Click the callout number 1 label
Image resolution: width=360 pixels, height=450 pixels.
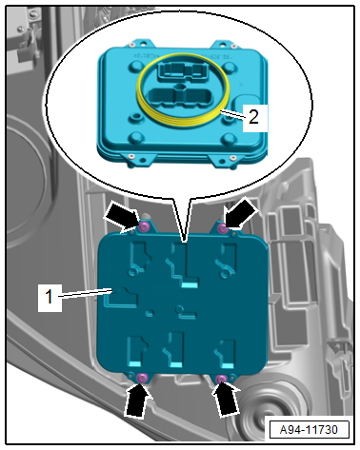point(50,298)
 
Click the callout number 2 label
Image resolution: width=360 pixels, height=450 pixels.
point(254,118)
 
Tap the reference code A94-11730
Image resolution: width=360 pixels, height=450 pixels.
point(309,430)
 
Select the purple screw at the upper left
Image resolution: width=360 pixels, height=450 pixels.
point(145,226)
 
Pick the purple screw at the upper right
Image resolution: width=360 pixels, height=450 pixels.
point(224,227)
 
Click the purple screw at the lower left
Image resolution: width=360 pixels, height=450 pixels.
point(141,378)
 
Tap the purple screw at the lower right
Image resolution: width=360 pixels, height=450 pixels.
point(221,379)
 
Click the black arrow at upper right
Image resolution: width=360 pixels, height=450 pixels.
point(241,213)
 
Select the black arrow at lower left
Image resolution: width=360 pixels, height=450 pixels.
point(138,400)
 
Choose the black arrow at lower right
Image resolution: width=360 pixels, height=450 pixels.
point(226,399)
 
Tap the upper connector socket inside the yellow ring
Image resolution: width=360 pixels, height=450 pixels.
point(179,70)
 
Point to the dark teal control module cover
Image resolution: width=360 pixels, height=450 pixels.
point(183,302)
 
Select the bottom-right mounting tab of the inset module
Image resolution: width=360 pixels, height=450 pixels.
point(226,160)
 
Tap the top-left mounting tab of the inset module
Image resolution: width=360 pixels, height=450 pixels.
point(137,44)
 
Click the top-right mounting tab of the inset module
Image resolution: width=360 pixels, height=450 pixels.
point(227,45)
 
